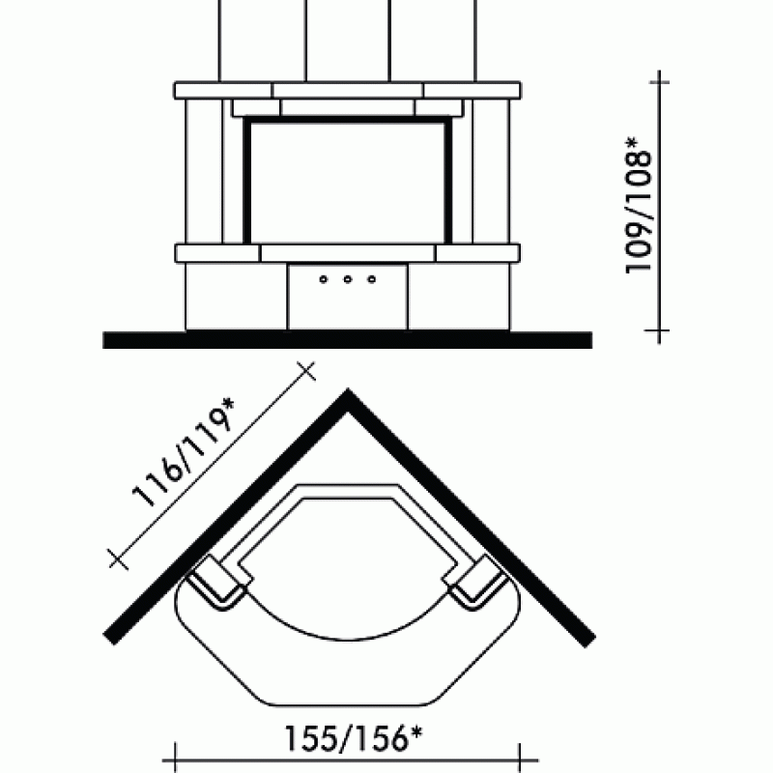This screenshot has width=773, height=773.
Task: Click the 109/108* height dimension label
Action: (x=639, y=205)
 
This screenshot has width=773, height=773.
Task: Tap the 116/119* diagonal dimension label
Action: (x=183, y=452)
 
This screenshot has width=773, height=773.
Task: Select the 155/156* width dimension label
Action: (x=354, y=738)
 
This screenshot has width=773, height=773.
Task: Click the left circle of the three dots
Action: (x=324, y=279)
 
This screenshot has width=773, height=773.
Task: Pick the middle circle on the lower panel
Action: (x=348, y=279)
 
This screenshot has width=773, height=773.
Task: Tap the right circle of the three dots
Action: (x=372, y=279)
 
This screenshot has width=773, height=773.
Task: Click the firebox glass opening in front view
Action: (x=348, y=182)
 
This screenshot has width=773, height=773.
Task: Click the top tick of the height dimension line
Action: (x=659, y=82)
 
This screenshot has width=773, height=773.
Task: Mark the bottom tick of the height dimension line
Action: (x=659, y=330)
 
